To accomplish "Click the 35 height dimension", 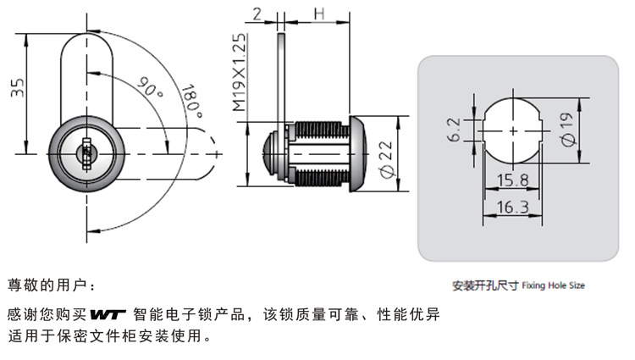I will (x=18, y=87).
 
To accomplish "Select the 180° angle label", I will (x=191, y=102).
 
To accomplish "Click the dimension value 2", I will (x=257, y=14).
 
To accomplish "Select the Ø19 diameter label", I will (x=567, y=130).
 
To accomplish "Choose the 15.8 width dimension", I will (x=513, y=180).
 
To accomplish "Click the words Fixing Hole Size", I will (x=554, y=286).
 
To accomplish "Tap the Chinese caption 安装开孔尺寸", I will (x=485, y=285).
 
